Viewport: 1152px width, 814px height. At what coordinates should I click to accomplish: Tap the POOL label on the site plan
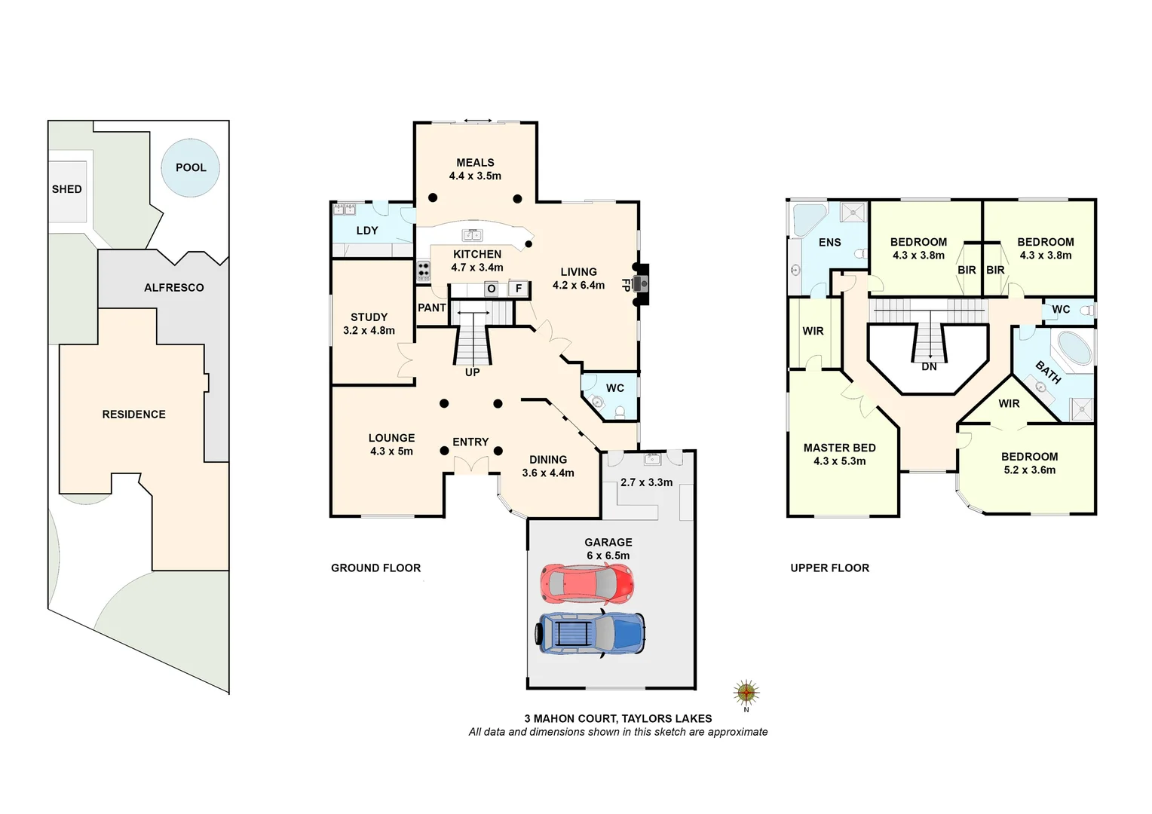point(191,167)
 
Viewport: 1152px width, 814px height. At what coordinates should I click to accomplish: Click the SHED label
point(66,189)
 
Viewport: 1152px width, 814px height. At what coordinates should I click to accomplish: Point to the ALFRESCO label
point(174,288)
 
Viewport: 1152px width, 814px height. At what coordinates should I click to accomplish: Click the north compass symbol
point(746,692)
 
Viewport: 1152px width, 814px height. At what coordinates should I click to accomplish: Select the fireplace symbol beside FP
point(640,284)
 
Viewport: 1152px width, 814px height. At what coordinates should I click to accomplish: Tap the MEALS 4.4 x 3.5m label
point(475,169)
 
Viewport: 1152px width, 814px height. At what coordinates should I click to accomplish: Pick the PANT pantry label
point(432,308)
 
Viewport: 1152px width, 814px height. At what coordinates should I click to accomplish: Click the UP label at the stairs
point(473,372)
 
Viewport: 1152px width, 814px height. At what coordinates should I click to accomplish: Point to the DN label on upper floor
point(929,367)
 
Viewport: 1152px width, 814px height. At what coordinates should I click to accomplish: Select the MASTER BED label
point(839,448)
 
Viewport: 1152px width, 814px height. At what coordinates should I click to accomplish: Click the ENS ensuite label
point(829,243)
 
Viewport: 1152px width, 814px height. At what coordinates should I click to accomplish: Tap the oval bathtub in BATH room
point(1075,348)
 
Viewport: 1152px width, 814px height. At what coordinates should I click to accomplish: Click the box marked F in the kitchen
point(519,289)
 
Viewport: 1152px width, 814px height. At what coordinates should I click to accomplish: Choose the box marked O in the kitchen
point(492,289)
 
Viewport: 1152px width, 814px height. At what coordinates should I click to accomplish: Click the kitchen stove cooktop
point(424,271)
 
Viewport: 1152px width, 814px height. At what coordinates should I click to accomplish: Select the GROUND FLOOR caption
point(375,568)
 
